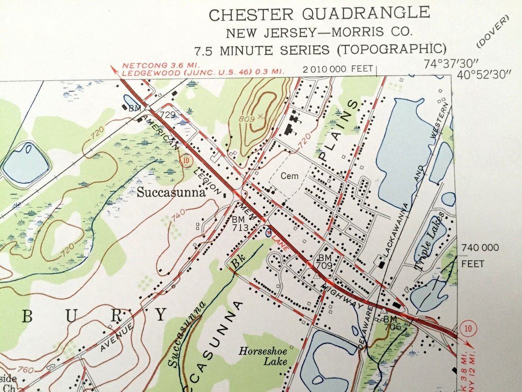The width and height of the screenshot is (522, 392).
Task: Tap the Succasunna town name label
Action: pos(171,192)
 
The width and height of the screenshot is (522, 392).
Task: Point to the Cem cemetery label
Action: pos(289,176)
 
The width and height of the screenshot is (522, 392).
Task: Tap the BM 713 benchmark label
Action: pos(239,224)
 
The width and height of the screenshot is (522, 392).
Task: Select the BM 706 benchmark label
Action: pos(392,322)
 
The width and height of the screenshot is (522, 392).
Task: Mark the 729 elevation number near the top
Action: pos(168,115)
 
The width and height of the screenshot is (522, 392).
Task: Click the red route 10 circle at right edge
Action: pos(468,328)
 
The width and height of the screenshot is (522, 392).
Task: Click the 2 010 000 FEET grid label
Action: pos(338,70)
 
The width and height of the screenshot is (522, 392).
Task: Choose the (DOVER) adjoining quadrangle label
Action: pos(493,32)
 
